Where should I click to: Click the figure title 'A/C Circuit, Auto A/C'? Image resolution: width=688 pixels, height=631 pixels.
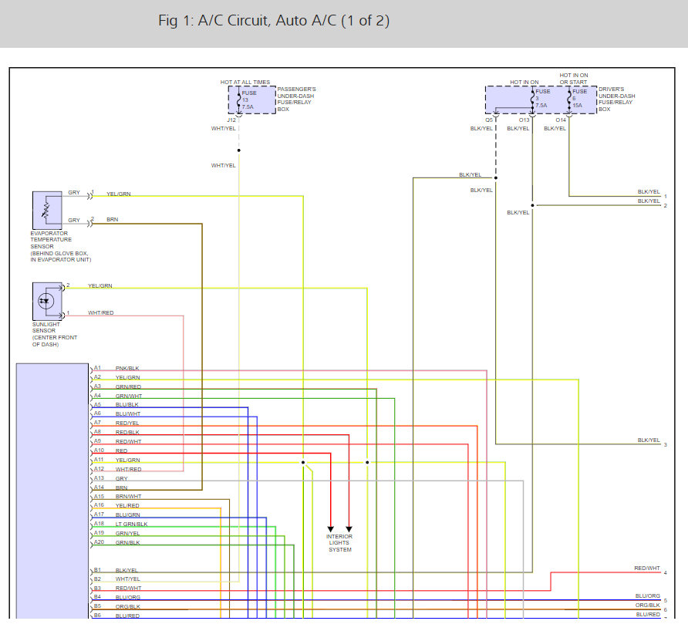pyautogui.click(x=274, y=21)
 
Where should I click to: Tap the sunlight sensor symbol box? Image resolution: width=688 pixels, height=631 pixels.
pyautogui.click(x=48, y=300)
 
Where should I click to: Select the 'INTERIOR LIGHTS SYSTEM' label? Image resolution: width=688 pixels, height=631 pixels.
pyautogui.click(x=339, y=543)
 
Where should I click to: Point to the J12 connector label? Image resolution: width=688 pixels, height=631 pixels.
pyautogui.click(x=231, y=120)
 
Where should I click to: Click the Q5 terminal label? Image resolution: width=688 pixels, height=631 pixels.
pyautogui.click(x=490, y=120)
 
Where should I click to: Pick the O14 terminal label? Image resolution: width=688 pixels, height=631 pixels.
pyautogui.click(x=561, y=120)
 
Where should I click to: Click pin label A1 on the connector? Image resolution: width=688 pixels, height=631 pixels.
pyautogui.click(x=97, y=368)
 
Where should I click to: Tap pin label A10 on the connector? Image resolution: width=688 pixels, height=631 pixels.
pyautogui.click(x=99, y=450)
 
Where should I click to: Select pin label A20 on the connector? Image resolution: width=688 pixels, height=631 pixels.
pyautogui.click(x=99, y=542)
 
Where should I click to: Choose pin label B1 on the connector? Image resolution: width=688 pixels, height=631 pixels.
pyautogui.click(x=97, y=570)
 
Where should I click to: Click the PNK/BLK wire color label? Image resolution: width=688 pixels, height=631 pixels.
pyautogui.click(x=127, y=368)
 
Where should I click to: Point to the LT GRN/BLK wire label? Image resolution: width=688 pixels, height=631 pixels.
pyautogui.click(x=131, y=524)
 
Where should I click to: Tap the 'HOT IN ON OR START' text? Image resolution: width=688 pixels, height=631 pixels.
pyautogui.click(x=573, y=79)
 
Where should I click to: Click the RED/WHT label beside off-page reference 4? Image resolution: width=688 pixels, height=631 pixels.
pyautogui.click(x=647, y=568)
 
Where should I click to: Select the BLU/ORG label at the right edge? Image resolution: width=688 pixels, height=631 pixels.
pyautogui.click(x=647, y=596)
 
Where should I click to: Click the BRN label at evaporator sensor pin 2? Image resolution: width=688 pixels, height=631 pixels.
pyautogui.click(x=113, y=220)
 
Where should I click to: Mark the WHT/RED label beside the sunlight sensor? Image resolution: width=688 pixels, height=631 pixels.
pyautogui.click(x=100, y=312)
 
